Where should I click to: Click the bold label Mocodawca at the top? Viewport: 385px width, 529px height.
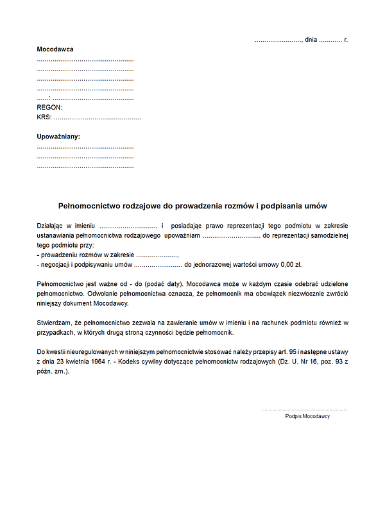coord(55,49)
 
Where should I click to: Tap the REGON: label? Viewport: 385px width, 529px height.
coord(49,108)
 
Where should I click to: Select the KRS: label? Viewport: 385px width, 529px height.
coord(44,117)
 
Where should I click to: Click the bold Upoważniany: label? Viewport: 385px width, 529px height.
coord(58,137)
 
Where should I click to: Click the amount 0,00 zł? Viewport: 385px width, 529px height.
coord(296,264)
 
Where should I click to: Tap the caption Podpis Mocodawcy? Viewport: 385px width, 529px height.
coord(307,416)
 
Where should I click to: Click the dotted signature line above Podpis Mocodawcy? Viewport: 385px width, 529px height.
coord(304,409)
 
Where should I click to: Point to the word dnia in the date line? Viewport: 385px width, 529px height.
coord(311,40)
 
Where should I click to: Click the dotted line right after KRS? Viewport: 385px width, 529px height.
coord(97,119)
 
